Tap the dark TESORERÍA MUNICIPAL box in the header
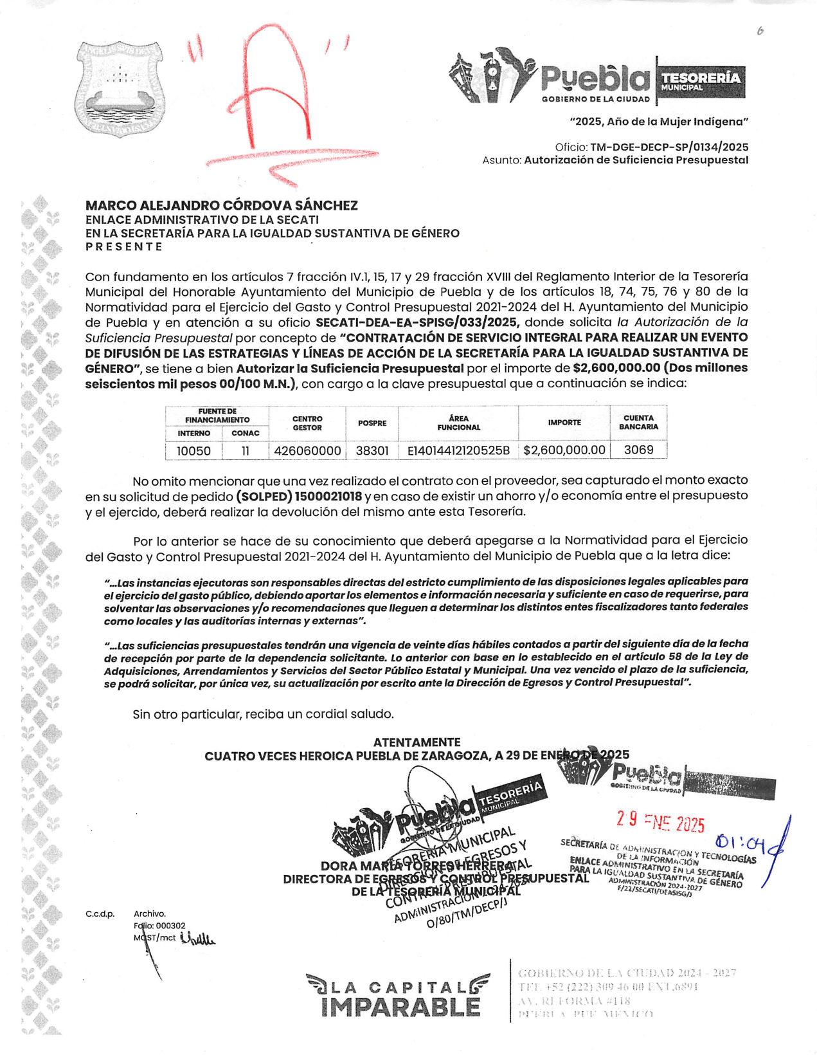pos(701,81)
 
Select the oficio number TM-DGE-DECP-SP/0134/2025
pos(669,147)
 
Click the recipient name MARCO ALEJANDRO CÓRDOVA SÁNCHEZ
pos(222,205)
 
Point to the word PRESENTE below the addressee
pos(124,246)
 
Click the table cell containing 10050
pos(193,451)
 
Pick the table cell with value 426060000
pos(307,451)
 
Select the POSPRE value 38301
pos(372,451)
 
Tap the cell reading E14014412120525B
pos(458,451)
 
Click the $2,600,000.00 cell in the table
pos(564,450)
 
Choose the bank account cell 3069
pos(638,450)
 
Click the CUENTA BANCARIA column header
pos(638,422)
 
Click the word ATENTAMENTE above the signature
pos(417,742)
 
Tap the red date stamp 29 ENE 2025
pos(660,821)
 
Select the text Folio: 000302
pos(160,926)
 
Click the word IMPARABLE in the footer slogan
pos(400,1007)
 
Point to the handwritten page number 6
pos(760,30)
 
